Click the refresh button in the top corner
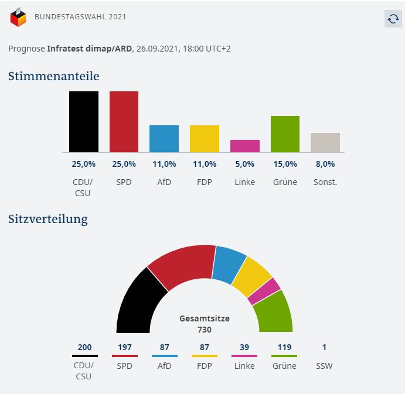[393, 19]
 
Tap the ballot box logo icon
[18, 17]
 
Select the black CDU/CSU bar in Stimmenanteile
[84, 122]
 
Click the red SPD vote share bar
[124, 122]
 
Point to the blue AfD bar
[164, 139]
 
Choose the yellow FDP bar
[205, 139]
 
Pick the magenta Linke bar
[245, 146]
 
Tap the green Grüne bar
[285, 134]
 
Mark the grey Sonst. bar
[325, 143]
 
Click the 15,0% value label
[285, 164]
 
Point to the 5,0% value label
[245, 164]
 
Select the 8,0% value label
[325, 164]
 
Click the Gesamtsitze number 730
[205, 330]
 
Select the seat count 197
[125, 347]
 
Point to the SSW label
[324, 366]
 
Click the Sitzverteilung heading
[48, 220]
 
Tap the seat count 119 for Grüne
[284, 347]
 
